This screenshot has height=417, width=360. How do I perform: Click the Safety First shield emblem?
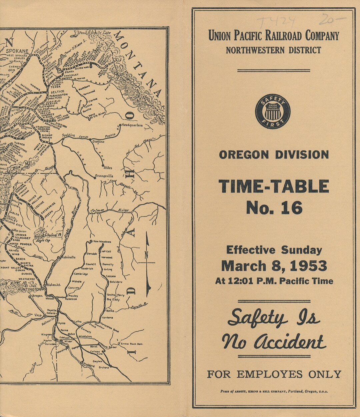click(x=273, y=111)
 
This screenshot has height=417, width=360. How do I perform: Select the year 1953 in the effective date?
click(x=308, y=266)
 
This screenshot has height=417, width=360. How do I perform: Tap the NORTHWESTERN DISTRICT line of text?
click(x=273, y=50)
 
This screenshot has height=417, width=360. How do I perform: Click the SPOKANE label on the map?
click(x=18, y=51)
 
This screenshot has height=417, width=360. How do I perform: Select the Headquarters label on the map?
click(x=132, y=125)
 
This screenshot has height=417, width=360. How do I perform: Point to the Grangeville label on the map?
click(x=104, y=176)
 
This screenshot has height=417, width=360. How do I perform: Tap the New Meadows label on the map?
click(x=102, y=242)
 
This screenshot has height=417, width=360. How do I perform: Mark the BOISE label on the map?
click(x=94, y=347)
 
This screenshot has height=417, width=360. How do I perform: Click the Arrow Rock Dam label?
click(x=132, y=344)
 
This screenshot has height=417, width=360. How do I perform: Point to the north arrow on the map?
click(x=147, y=264)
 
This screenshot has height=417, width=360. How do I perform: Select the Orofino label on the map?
click(x=98, y=142)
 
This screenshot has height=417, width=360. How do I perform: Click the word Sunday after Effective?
click(x=301, y=250)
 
